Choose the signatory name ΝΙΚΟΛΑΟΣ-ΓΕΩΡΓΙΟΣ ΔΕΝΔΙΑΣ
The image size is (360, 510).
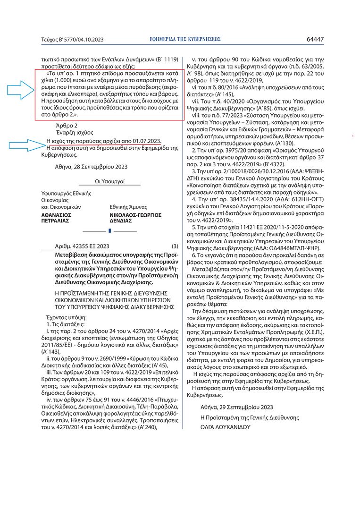[x=135, y=217]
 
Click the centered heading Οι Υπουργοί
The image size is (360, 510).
[x=109, y=181]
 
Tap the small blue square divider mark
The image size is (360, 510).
[x=109, y=230]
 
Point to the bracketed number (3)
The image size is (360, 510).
[x=175, y=246]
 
